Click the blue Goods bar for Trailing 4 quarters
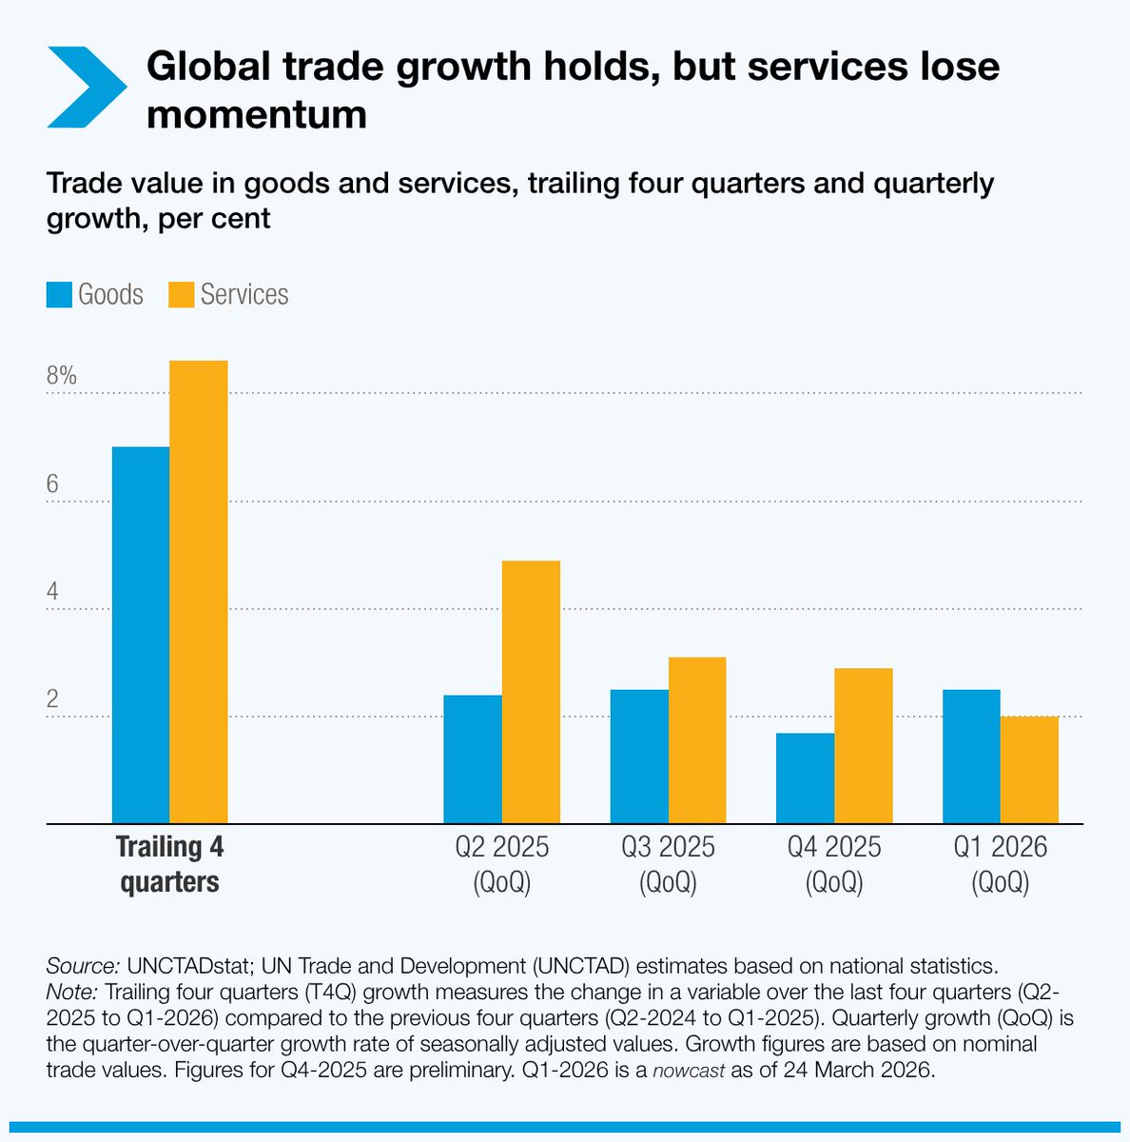[141, 635]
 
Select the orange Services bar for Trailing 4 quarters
[199, 592]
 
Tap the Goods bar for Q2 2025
[473, 759]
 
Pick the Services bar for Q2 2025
[531, 692]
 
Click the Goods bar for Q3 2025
[639, 757]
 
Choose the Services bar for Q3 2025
[697, 740]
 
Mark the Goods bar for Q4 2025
[805, 778]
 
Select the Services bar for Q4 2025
[864, 746]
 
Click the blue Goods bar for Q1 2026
[971, 757]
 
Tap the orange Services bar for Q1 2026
[1029, 770]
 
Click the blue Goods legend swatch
[59, 295]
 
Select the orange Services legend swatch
[181, 295]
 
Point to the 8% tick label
[61, 376]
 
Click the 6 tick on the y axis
[53, 484]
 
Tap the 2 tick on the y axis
[53, 699]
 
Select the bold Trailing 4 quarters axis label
[169, 864]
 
